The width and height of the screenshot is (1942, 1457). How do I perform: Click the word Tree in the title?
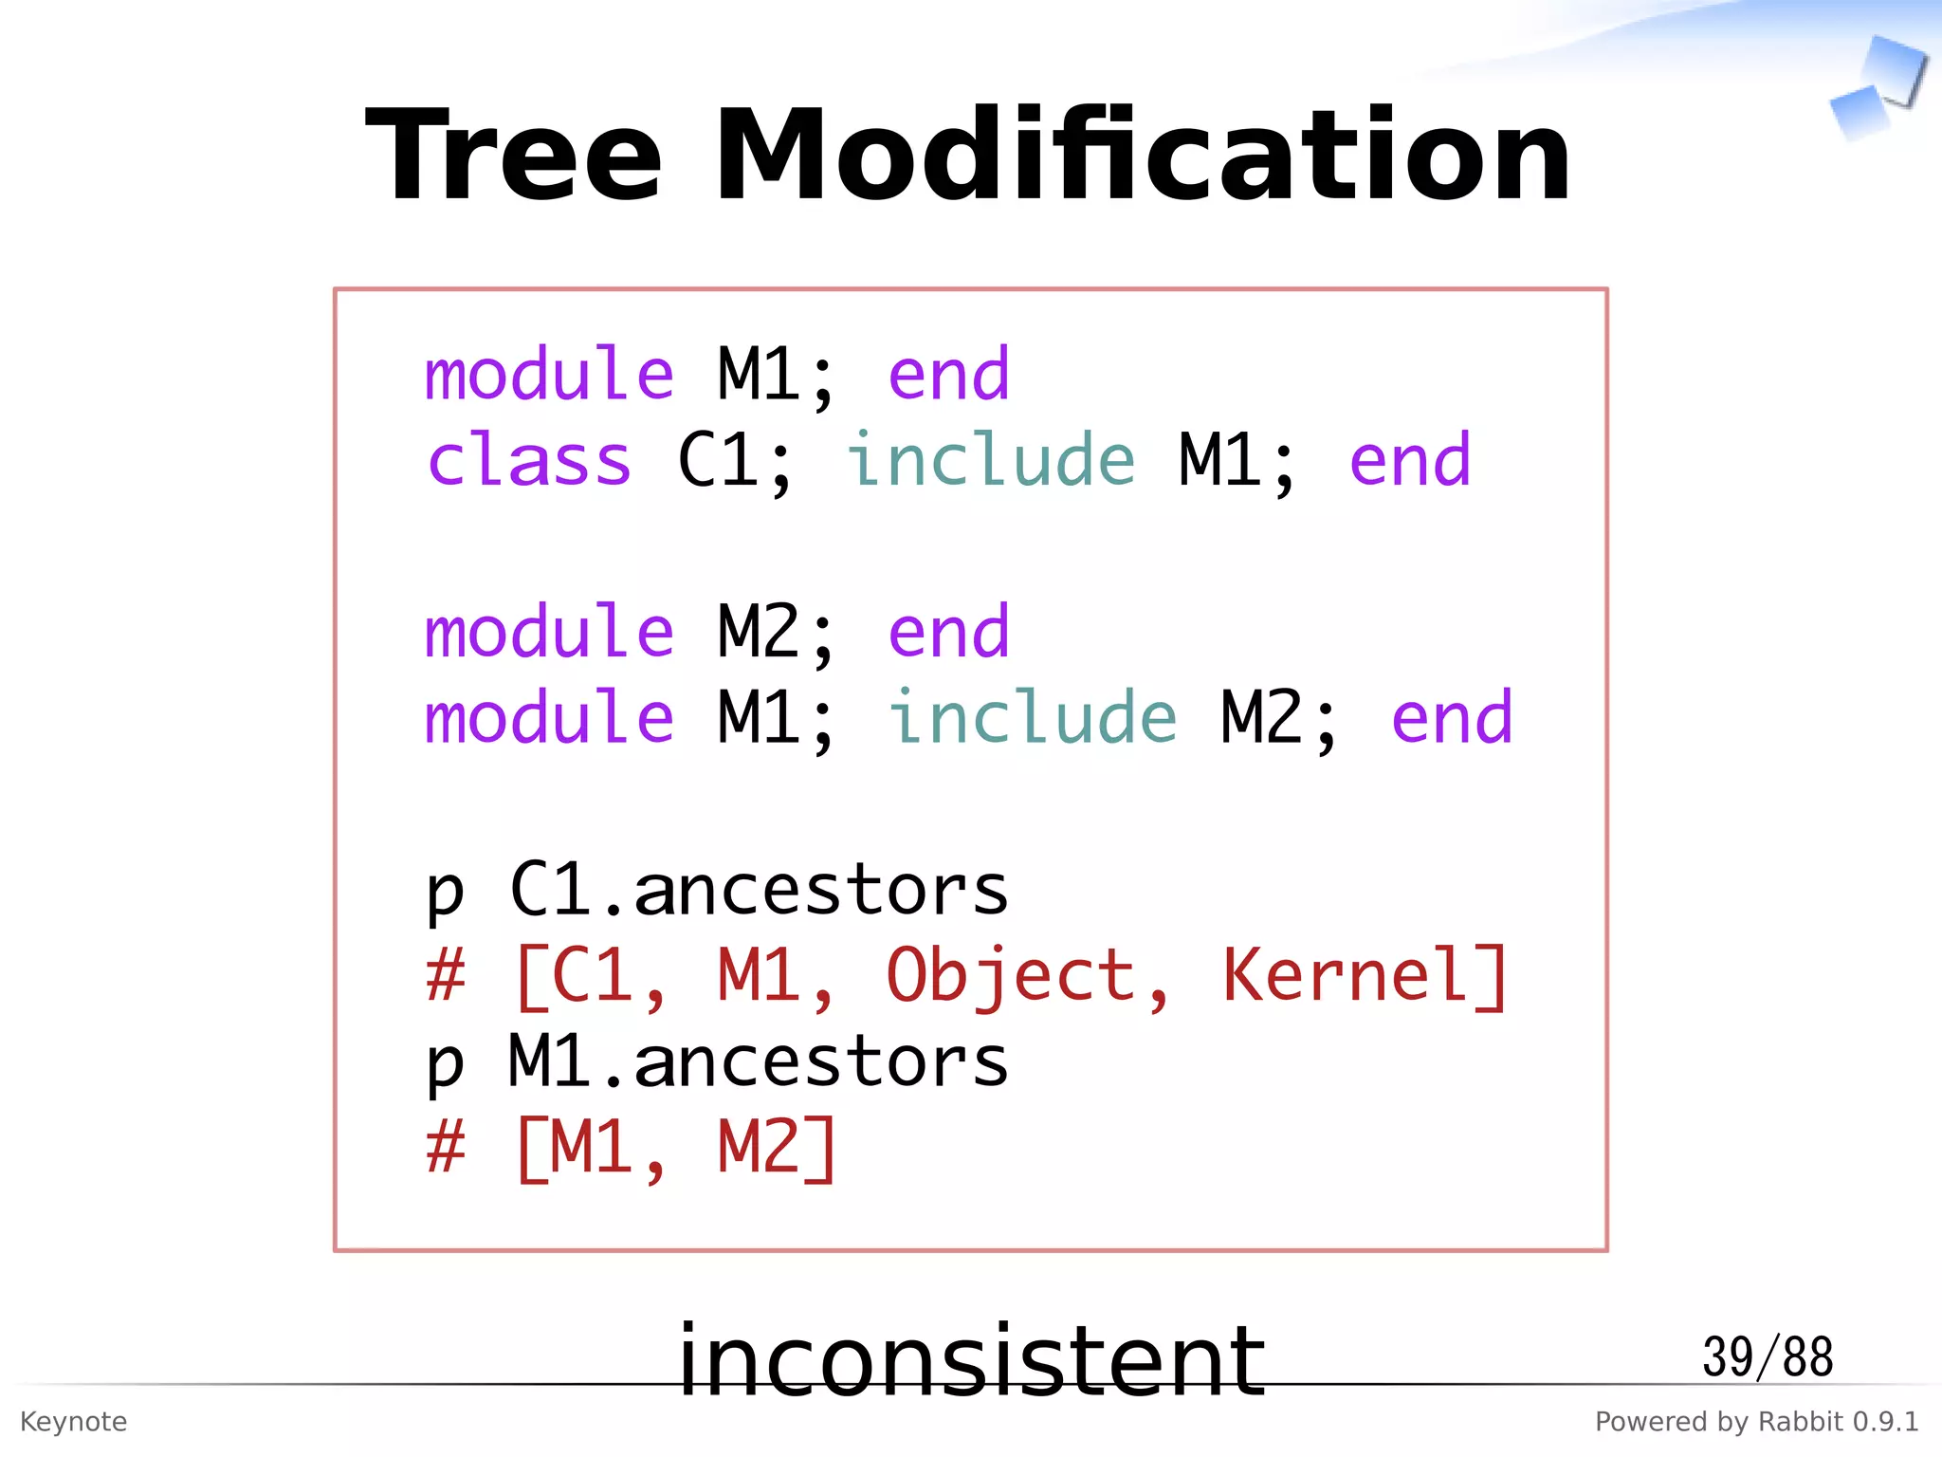pos(513,157)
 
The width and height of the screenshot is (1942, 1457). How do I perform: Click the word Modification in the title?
pos(1142,157)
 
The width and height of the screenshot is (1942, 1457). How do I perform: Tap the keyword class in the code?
pos(528,461)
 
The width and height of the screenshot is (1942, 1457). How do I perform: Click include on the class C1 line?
pos(990,461)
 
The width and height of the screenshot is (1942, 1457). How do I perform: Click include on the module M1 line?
pos(1032,718)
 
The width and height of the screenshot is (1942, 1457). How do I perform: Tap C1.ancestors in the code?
pos(759,890)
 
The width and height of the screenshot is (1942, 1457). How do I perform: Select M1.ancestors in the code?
pos(759,1061)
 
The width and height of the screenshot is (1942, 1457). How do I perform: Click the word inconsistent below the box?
pos(971,1362)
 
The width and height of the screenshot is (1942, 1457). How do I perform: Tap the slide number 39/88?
pos(1767,1357)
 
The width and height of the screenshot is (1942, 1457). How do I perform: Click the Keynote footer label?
pos(73,1422)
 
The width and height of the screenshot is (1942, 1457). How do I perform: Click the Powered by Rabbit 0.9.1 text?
pos(1756,1422)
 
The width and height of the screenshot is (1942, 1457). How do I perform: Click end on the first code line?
pos(948,376)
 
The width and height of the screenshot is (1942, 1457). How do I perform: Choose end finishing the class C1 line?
pos(1409,461)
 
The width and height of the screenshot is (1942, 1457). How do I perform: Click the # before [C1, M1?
pos(446,977)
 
